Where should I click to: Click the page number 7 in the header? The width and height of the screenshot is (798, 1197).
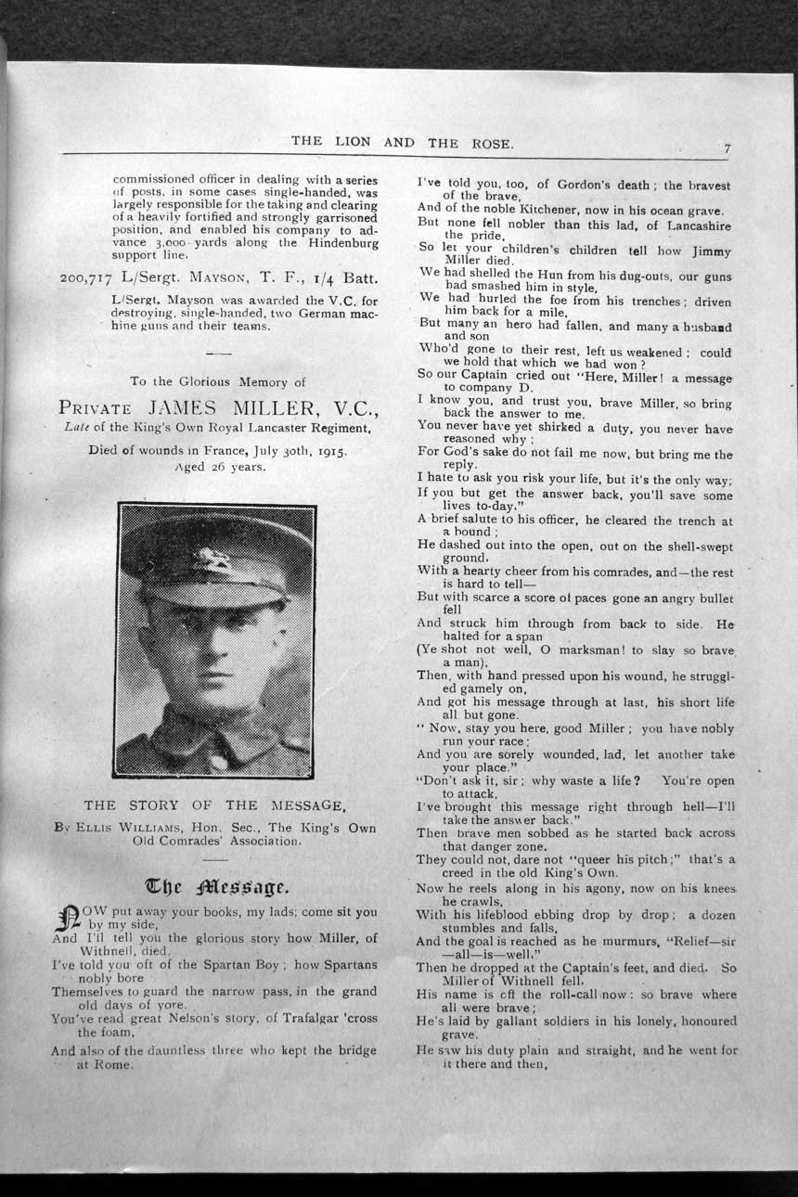[728, 148]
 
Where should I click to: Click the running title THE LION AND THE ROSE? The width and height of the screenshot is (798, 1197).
[403, 142]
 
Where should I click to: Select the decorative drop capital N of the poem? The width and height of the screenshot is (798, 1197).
[66, 920]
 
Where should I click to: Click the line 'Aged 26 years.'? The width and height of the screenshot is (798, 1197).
[220, 467]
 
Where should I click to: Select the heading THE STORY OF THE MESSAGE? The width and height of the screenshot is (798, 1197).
[215, 805]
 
